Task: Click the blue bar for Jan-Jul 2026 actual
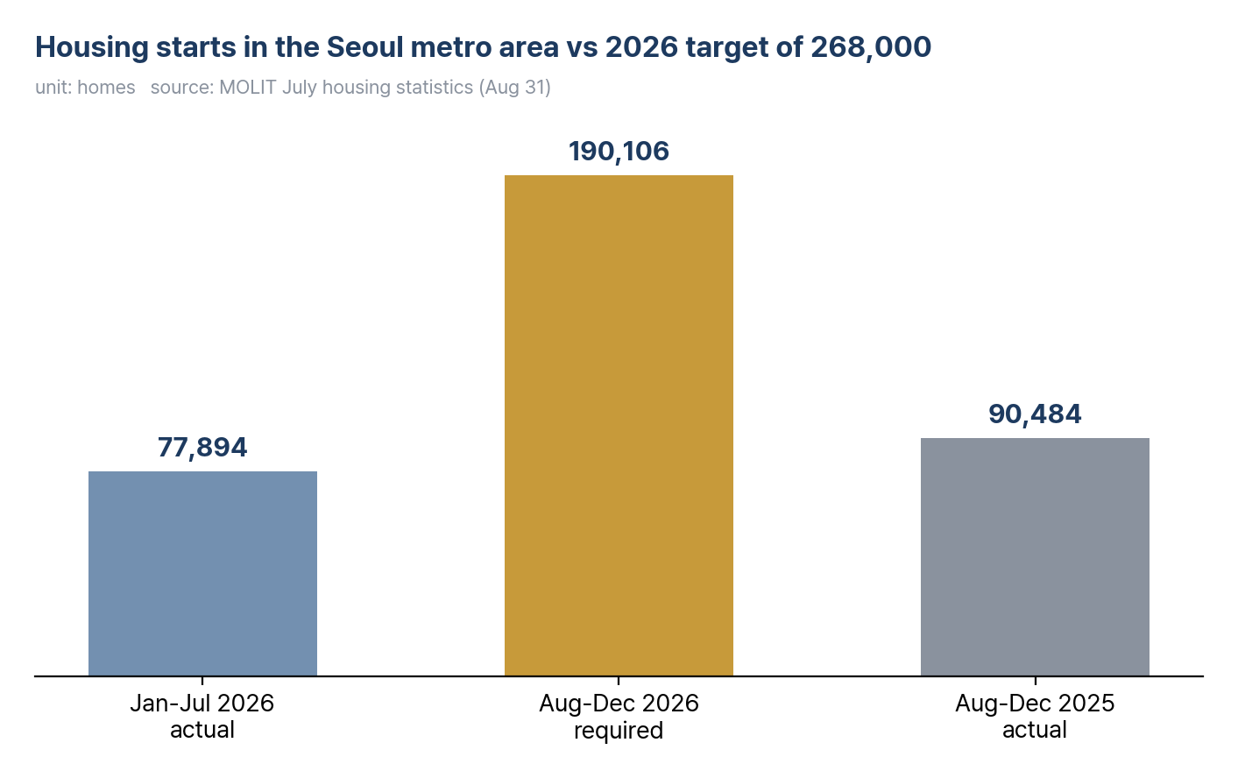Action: pyautogui.click(x=203, y=573)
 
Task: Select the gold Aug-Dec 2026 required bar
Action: pyautogui.click(x=619, y=426)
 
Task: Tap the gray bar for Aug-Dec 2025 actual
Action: pyautogui.click(x=1035, y=556)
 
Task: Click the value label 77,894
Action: pyautogui.click(x=202, y=447)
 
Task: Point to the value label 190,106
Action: pyautogui.click(x=619, y=151)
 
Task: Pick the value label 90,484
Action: pyautogui.click(x=1035, y=414)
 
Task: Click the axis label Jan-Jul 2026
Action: pyautogui.click(x=202, y=704)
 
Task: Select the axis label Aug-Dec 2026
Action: pyautogui.click(x=619, y=704)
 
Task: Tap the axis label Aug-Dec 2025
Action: pyautogui.click(x=1035, y=704)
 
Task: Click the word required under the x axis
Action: pyautogui.click(x=619, y=731)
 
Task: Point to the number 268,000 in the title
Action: pyautogui.click(x=871, y=47)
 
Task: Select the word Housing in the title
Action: pyautogui.click(x=92, y=47)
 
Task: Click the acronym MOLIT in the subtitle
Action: pyautogui.click(x=248, y=88)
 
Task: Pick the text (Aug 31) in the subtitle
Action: pyautogui.click(x=514, y=88)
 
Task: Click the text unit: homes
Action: pyautogui.click(x=85, y=88)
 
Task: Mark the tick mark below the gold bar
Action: pyautogui.click(x=619, y=681)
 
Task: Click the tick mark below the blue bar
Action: pyautogui.click(x=202, y=681)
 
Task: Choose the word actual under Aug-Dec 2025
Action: pyautogui.click(x=1035, y=730)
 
